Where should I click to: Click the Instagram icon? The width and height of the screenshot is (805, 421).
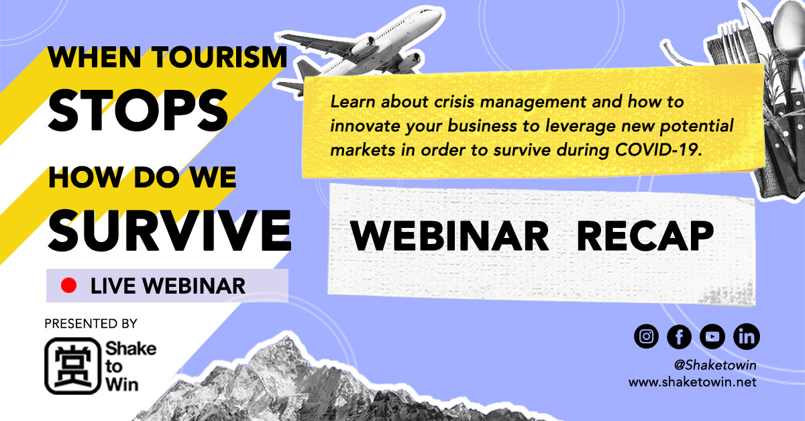[646, 337]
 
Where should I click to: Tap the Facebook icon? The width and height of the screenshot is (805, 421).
[679, 337]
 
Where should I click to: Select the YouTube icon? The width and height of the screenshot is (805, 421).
[712, 337]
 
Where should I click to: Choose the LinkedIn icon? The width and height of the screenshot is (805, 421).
[747, 337]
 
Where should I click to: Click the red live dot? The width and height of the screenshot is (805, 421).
[68, 286]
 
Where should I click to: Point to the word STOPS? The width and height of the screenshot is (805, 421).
[138, 111]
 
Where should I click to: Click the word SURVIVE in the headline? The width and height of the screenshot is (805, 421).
[170, 230]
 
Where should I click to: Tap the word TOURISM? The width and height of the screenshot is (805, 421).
[219, 57]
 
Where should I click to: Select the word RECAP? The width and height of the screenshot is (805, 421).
[645, 236]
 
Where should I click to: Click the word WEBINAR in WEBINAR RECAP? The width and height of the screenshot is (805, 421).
[449, 236]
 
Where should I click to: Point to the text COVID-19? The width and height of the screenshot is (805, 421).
[658, 149]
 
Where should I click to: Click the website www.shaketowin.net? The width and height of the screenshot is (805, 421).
[692, 382]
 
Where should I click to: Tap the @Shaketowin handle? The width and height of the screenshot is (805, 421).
[715, 365]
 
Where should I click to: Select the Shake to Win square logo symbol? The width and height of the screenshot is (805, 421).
[72, 365]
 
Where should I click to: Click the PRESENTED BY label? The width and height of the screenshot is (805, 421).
[91, 324]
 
